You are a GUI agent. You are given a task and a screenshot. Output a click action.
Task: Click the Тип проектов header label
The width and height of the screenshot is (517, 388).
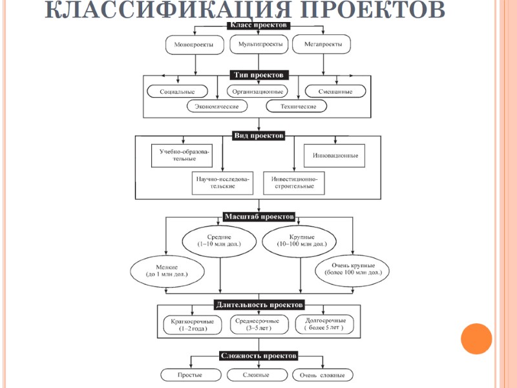[x=258, y=76]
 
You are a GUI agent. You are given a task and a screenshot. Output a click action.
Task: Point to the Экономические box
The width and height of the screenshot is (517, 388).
[x=217, y=106]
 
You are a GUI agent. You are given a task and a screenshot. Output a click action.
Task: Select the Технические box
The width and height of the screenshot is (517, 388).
[x=299, y=106]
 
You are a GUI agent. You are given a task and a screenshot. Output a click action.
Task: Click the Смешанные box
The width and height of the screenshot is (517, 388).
[x=337, y=91]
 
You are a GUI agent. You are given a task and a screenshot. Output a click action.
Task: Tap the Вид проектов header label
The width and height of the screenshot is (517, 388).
[x=258, y=136]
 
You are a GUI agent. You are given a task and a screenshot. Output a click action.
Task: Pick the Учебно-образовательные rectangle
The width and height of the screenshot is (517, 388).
[x=184, y=155]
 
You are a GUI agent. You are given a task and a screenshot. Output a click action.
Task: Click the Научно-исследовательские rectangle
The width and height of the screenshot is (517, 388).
[x=222, y=182]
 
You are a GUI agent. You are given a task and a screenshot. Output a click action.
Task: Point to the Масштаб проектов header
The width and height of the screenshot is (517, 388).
[x=258, y=216]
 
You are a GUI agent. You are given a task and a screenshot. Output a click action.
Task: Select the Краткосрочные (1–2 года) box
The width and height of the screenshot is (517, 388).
[x=193, y=325]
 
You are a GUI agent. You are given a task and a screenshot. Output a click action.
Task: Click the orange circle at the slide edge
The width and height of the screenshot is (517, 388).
[x=476, y=338]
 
